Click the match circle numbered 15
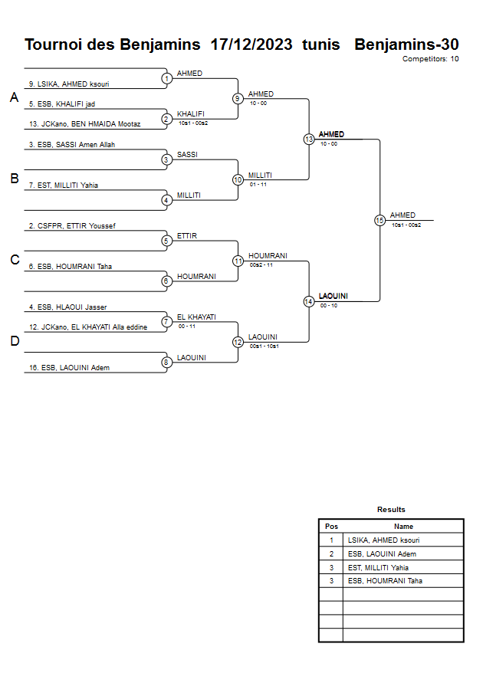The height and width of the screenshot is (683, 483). point(379,220)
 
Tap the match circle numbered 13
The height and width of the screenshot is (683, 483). point(308,140)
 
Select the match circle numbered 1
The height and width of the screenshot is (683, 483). point(166,78)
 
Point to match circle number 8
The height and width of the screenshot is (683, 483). point(166,362)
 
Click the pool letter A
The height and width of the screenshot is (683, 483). point(14,97)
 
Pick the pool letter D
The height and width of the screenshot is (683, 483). point(14,341)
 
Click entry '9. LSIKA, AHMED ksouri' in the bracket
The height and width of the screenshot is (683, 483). point(69,84)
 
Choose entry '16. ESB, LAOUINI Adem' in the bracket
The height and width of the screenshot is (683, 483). point(69,368)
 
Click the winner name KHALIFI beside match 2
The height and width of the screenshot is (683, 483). point(191,113)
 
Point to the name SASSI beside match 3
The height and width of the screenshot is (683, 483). point(187,154)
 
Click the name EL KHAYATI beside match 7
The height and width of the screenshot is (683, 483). point(196,317)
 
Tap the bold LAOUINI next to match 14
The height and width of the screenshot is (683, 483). point(333,296)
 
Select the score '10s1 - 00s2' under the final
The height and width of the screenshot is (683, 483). point(406,225)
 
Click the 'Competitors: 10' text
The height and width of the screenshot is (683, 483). point(430,58)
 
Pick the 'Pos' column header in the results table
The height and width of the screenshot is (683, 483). point(331,527)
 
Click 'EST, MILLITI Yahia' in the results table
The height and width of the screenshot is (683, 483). point(378,568)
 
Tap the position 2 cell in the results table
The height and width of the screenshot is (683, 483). point(331,554)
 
